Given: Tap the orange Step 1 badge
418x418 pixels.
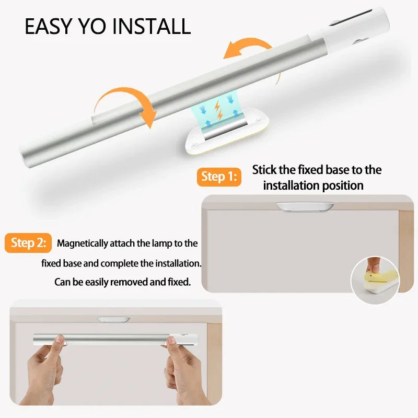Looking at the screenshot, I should point(218,177).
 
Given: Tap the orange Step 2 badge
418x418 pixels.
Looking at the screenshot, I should point(29,243).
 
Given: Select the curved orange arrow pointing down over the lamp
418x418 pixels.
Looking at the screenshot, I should point(126,102).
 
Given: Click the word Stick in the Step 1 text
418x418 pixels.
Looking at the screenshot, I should point(264,170).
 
